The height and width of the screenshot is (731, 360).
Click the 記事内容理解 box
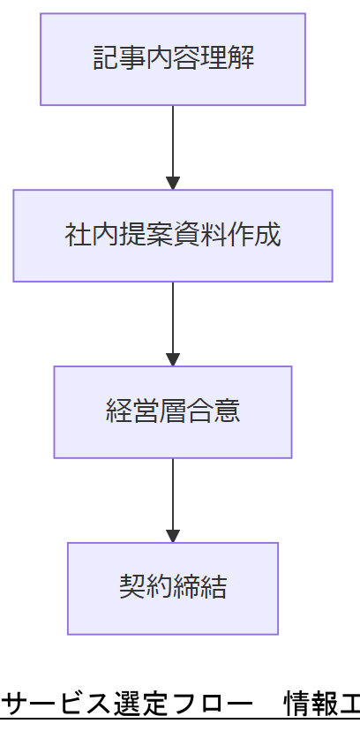[x=173, y=59]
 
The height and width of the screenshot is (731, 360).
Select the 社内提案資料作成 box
[x=173, y=236]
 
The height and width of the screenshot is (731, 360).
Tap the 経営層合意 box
[x=173, y=412]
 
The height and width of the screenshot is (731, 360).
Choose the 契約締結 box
[x=173, y=589]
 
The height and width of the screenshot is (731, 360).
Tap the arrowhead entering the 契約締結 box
[x=173, y=536]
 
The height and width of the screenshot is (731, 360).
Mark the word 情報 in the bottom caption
[x=309, y=705]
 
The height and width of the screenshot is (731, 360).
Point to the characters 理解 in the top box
[x=228, y=59]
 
